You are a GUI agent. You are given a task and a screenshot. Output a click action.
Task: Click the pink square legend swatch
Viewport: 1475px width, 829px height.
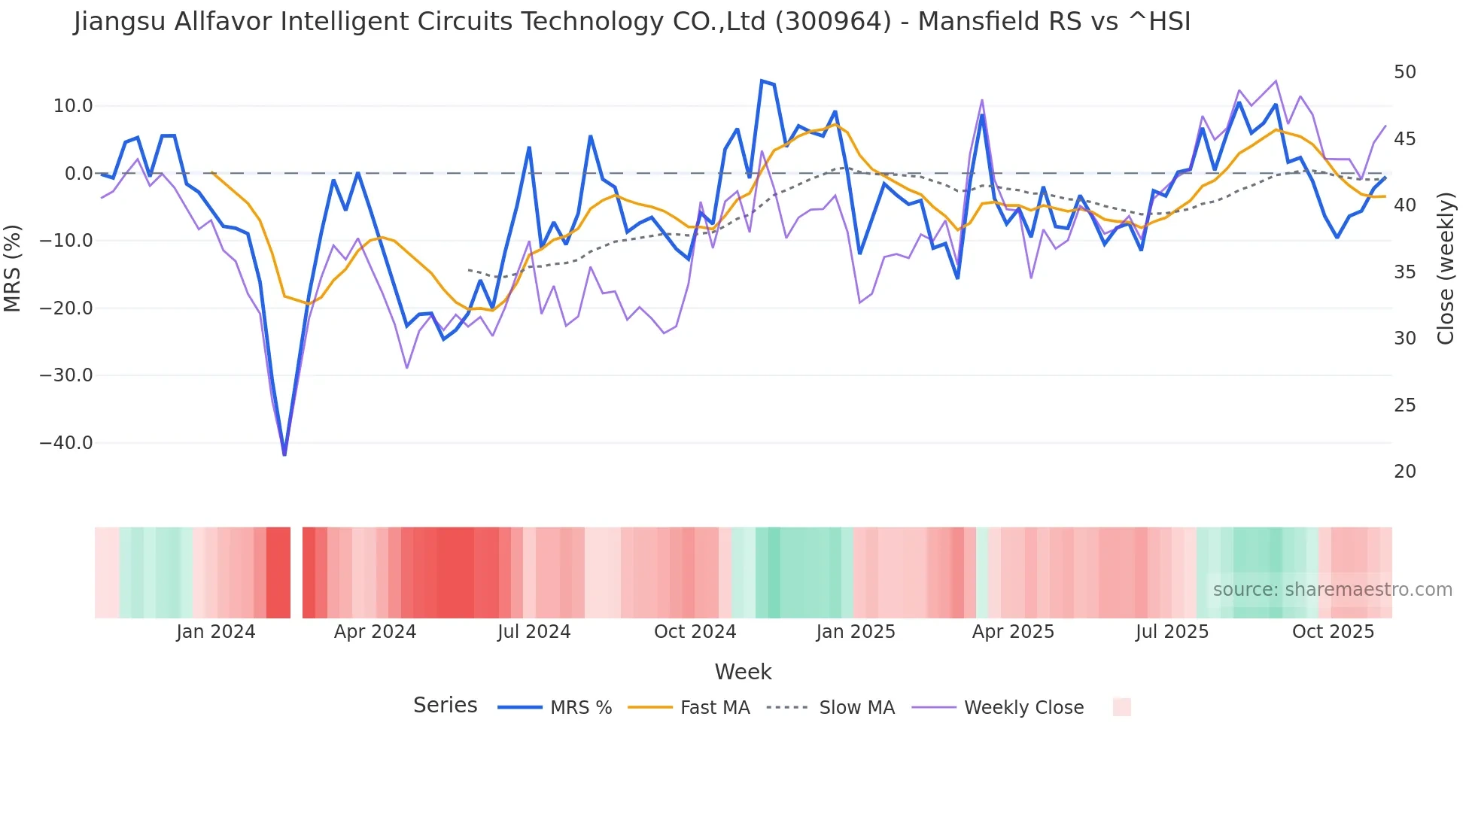pos(1121,707)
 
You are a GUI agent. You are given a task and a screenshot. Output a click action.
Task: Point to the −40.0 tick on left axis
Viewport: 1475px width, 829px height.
pos(66,443)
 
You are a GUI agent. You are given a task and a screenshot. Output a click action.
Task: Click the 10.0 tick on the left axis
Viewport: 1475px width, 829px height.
pos(73,106)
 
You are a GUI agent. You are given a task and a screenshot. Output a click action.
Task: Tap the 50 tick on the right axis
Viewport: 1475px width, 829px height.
pos(1404,72)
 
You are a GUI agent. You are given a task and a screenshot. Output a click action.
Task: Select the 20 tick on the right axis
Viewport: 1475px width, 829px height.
pos(1404,472)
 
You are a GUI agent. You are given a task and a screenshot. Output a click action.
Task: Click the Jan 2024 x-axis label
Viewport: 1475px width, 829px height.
pos(216,632)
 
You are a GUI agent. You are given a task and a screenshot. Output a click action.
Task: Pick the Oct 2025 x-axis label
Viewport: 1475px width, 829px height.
pos(1333,632)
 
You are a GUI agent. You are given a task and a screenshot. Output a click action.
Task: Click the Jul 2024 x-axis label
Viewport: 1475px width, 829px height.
pos(534,632)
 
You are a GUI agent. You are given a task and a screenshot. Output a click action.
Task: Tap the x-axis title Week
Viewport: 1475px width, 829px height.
pos(743,672)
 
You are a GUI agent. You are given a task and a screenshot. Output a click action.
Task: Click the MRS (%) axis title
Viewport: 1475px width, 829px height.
pos(13,268)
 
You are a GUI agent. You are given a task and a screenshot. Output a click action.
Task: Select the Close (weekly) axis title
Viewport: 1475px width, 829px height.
pos(1445,268)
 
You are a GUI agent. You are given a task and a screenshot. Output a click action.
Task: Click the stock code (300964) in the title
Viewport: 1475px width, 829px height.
pos(833,22)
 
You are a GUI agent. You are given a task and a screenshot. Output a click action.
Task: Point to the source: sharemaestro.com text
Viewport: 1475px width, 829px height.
pos(1332,590)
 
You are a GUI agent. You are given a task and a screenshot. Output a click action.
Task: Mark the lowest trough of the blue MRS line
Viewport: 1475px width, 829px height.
pos(284,454)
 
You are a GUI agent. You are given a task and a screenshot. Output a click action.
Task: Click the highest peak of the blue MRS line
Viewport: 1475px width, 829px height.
pos(762,80)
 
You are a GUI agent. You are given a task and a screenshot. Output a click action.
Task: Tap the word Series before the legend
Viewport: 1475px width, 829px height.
pos(445,706)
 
